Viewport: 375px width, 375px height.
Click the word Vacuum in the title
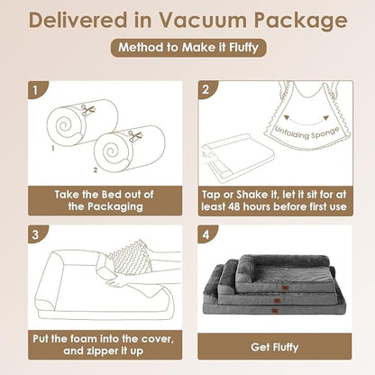203,20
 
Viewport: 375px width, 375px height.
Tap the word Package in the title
301,22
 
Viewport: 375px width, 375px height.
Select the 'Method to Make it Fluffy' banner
188,48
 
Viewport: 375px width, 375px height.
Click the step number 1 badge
36,90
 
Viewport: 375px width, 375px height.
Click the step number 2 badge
206,89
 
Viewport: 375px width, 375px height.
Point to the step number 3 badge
36,234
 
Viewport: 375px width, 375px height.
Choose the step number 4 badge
206,234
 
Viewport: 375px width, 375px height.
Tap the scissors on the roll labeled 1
88,110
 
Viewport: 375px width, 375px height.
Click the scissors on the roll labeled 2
135,136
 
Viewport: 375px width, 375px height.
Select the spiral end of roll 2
111,152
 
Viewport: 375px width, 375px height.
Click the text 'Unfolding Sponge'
307,133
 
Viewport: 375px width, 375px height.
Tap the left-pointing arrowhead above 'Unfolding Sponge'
287,117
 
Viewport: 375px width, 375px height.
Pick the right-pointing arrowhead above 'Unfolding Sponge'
325,118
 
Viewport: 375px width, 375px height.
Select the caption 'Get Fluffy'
275,347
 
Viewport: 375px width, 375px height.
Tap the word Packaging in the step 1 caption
115,207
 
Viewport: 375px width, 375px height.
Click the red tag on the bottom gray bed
275,311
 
